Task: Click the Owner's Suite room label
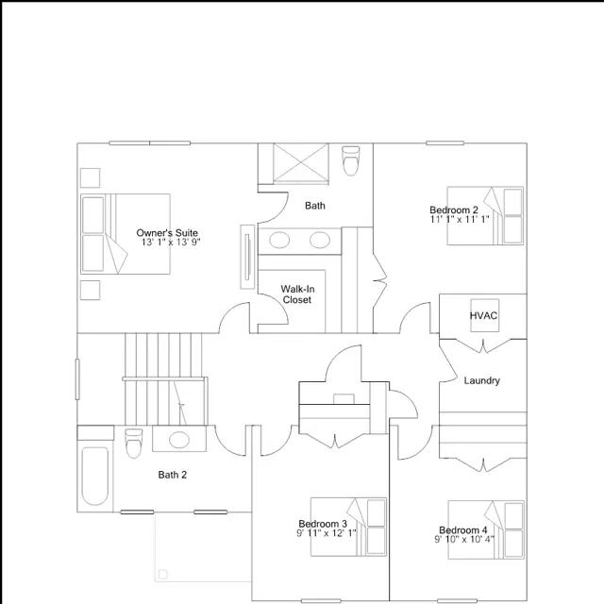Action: coord(167,233)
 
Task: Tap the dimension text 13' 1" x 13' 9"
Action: coord(171,243)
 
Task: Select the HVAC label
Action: coord(483,315)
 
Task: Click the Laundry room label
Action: coord(482,380)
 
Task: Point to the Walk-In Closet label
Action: coord(297,294)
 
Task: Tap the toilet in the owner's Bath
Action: coord(350,160)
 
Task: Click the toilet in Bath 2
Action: coord(134,443)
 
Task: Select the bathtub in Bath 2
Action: coord(94,476)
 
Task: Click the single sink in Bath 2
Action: coord(179,440)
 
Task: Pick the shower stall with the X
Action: coord(301,162)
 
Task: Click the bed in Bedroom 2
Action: coord(485,216)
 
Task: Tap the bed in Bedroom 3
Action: coord(348,527)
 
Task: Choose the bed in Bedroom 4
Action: coord(486,529)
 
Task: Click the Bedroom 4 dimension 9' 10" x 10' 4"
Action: coord(464,539)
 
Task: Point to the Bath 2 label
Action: coord(173,475)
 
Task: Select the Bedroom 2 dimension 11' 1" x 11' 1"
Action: coord(460,219)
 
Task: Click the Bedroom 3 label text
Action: coord(323,524)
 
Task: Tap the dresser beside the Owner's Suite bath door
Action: coord(247,257)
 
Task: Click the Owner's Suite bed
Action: coord(126,234)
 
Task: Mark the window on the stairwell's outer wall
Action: coord(77,379)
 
